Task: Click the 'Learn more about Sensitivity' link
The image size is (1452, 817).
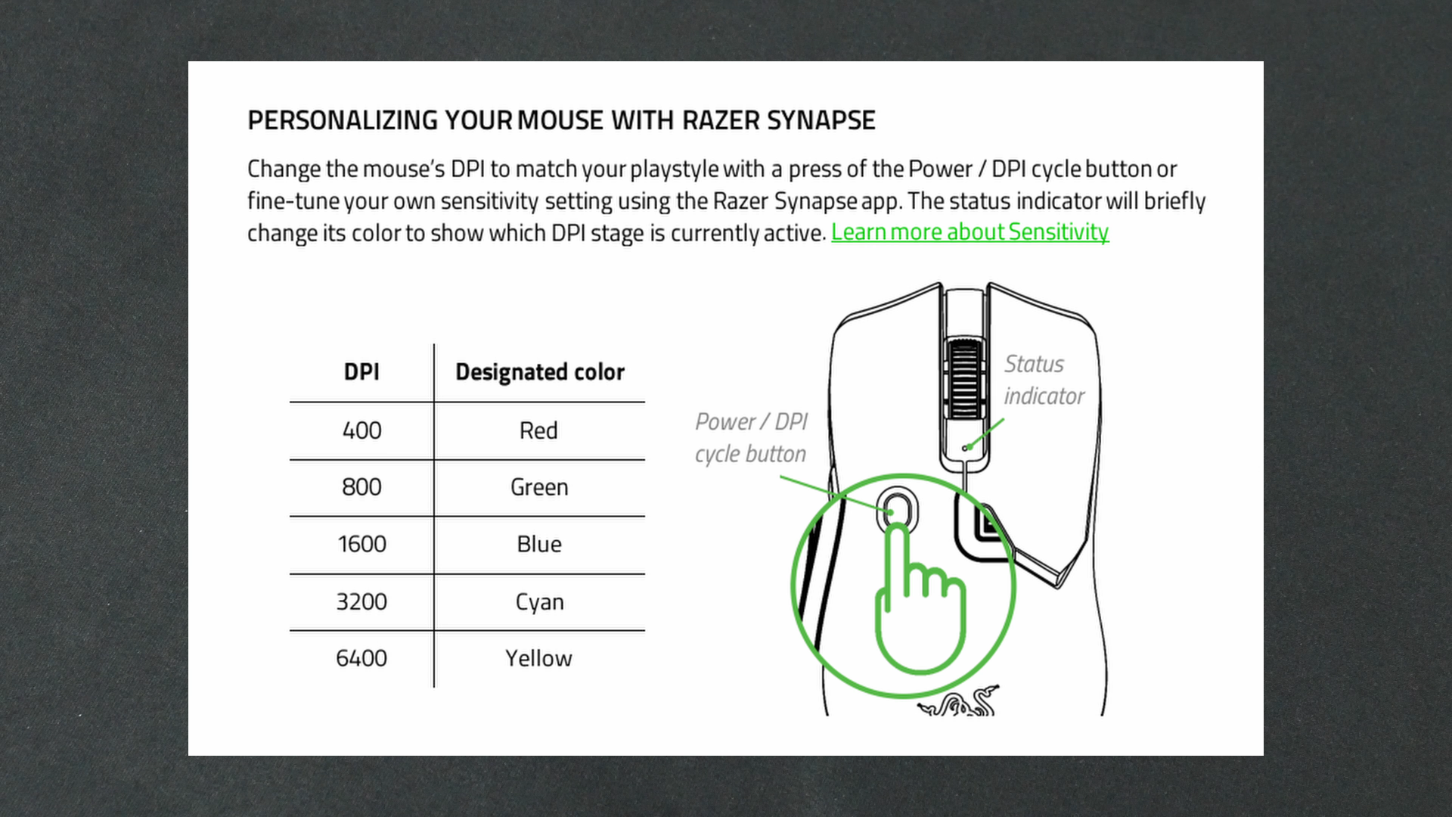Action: (x=970, y=232)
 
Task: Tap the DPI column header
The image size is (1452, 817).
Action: (x=361, y=372)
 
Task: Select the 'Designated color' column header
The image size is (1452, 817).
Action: (x=539, y=372)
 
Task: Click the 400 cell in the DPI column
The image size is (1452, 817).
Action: (x=361, y=430)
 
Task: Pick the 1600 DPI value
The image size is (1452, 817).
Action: (x=361, y=544)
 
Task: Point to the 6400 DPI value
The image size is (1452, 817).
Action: (x=361, y=658)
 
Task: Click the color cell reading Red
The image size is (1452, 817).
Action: (x=538, y=430)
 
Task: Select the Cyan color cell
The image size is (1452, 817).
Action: (x=539, y=602)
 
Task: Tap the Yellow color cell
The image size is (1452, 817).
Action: (x=538, y=658)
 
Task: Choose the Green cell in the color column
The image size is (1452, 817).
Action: (x=539, y=487)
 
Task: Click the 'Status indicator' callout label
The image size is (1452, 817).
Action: (x=1043, y=380)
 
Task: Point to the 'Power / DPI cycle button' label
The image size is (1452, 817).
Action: (x=751, y=437)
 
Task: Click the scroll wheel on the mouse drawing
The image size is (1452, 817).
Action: (x=964, y=379)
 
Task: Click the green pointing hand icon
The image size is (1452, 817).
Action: (x=919, y=605)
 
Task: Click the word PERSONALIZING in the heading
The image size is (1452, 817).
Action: (x=343, y=120)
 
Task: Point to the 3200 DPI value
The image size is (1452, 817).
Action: (x=361, y=602)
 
